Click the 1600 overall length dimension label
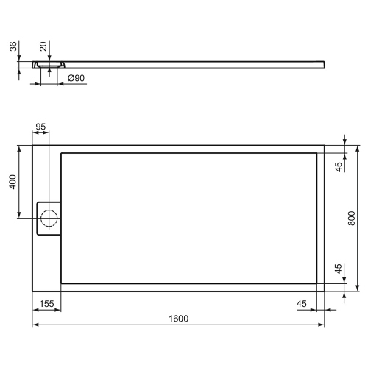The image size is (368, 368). (x=179, y=318)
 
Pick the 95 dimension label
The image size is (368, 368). (x=40, y=127)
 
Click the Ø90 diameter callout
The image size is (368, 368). (x=77, y=78)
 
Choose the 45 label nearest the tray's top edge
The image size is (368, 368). (x=339, y=166)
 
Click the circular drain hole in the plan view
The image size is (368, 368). (x=50, y=218)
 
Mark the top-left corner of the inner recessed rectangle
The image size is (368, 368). (x=62, y=152)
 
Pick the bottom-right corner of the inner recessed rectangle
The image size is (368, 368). (x=316, y=283)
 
